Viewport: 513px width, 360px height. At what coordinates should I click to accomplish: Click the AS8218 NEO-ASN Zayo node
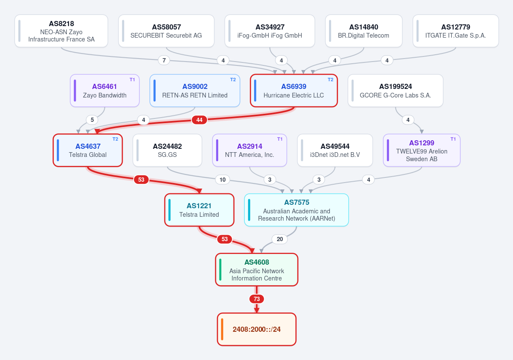pos(61,31)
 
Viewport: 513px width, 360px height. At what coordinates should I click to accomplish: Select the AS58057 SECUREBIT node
pos(166,31)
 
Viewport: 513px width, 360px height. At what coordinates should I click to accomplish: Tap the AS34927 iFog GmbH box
pos(270,31)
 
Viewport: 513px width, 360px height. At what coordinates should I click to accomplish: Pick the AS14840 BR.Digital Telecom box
pos(364,31)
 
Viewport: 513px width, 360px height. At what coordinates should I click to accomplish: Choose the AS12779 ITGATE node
pos(455,31)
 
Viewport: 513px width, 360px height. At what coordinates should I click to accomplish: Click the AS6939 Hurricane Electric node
pos(294,91)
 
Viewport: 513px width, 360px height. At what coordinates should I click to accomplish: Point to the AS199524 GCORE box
pos(395,91)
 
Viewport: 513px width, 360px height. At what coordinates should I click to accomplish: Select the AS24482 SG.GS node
pos(167,150)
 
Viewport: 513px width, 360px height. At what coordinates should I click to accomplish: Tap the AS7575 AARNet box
pos(297,210)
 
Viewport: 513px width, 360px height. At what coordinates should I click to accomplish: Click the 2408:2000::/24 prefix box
pos(257,329)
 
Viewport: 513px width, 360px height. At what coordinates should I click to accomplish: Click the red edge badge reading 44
pos(199,120)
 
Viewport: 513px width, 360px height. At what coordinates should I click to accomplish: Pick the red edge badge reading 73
pos(257,299)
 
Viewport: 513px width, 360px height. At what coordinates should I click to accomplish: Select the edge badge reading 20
pos(280,239)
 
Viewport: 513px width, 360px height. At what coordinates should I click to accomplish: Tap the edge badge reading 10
pos(222,180)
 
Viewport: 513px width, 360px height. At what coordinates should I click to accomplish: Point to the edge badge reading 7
pos(164,60)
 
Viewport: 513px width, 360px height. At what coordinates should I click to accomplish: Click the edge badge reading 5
pos(92,120)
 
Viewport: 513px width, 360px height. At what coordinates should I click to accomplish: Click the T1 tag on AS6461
pos(132,80)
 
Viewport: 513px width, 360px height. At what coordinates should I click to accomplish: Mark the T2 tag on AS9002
pos(233,80)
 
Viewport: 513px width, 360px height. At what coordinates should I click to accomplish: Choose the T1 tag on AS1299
pos(453,139)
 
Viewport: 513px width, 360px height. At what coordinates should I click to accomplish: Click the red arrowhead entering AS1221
pos(199,191)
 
